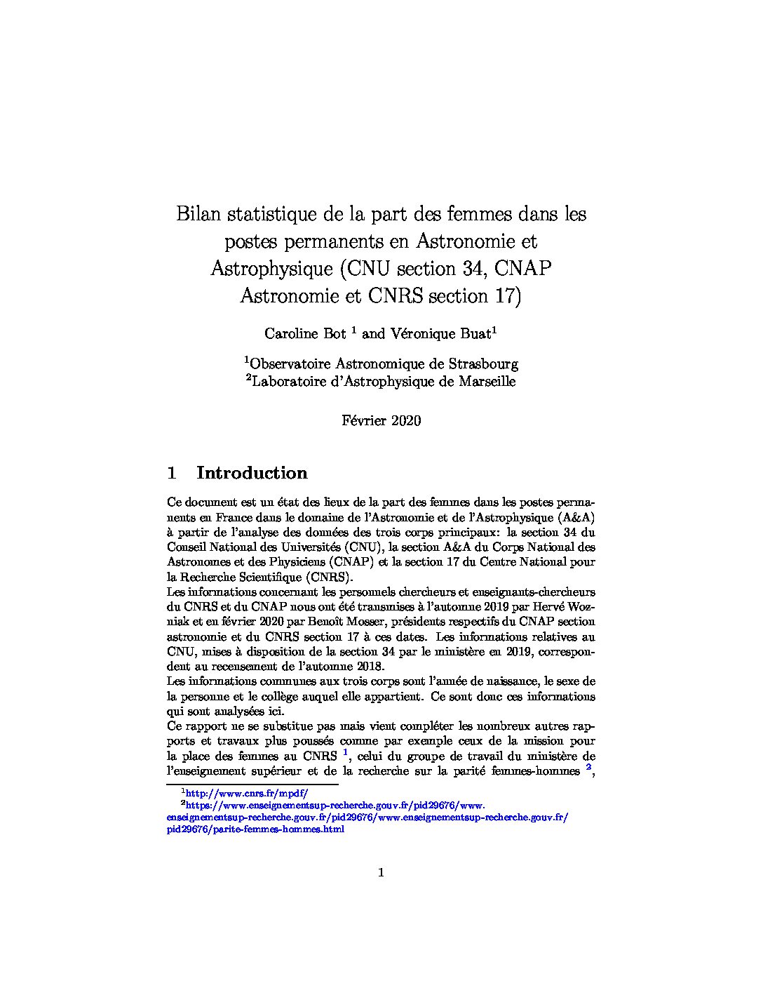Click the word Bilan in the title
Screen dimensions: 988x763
coord(197,213)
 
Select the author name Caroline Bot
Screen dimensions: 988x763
coord(305,334)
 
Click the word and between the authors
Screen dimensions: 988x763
coord(373,334)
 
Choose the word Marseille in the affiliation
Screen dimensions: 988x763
coord(487,382)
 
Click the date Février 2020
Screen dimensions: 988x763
coord(381,421)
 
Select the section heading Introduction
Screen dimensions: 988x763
coord(252,473)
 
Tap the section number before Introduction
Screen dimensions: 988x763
coord(171,473)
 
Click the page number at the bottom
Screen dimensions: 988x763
coord(381,873)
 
